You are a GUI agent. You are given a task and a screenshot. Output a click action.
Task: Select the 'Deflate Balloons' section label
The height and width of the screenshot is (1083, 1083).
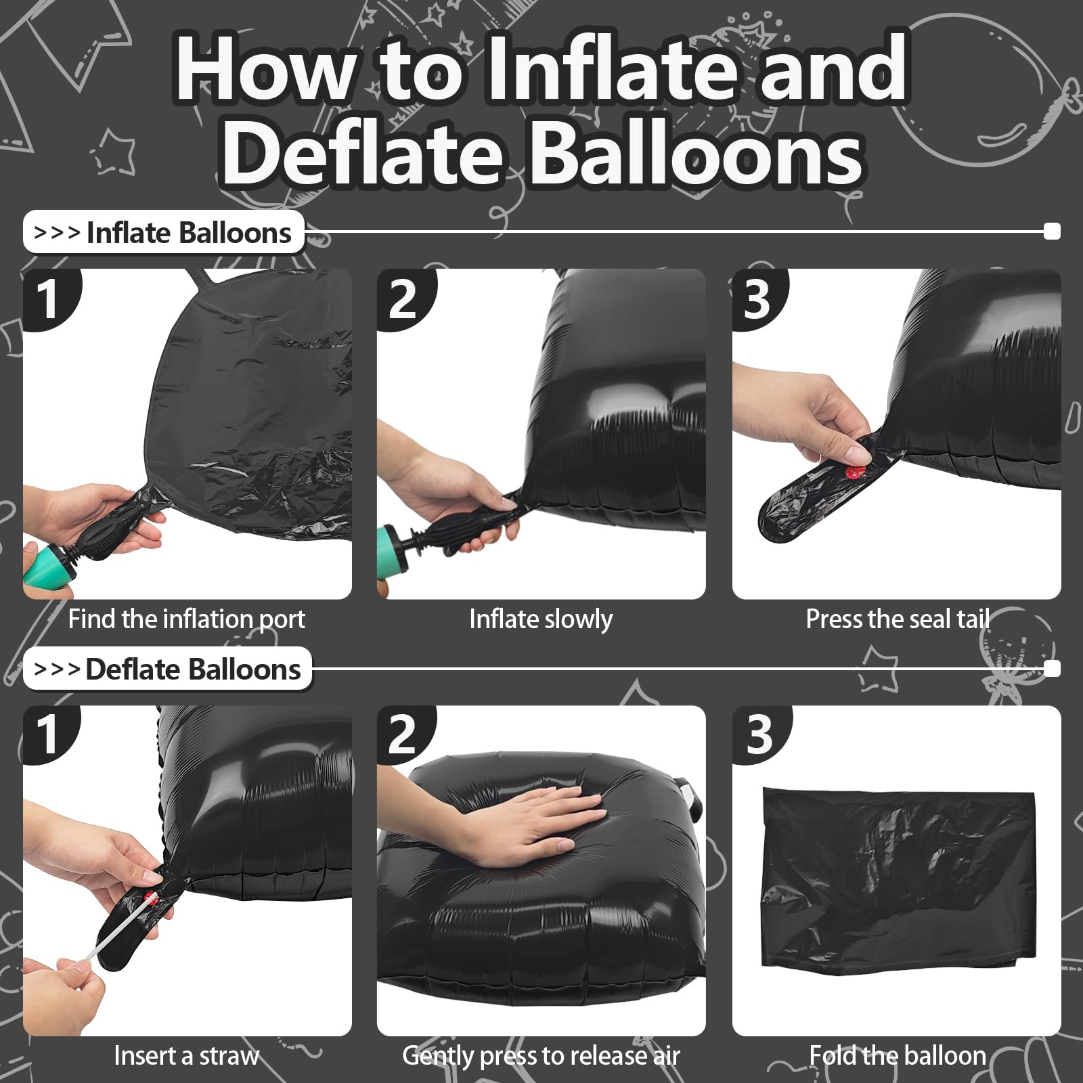coord(168,669)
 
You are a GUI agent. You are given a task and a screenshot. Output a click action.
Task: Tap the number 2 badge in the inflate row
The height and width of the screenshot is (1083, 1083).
coord(403,299)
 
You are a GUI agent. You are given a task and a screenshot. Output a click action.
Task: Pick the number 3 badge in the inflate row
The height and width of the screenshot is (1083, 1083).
coord(758,299)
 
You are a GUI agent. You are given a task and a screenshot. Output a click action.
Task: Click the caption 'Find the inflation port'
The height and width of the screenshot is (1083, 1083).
coord(187,619)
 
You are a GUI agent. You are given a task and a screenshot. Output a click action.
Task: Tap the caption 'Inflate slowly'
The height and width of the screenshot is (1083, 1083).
coord(541,619)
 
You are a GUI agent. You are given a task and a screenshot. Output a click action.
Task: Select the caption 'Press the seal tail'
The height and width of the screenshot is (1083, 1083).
coord(898,619)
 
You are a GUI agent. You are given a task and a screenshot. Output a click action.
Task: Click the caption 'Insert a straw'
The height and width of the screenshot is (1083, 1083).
coord(187,1056)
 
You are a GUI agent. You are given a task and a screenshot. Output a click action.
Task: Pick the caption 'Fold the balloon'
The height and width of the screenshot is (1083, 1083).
coord(898,1056)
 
